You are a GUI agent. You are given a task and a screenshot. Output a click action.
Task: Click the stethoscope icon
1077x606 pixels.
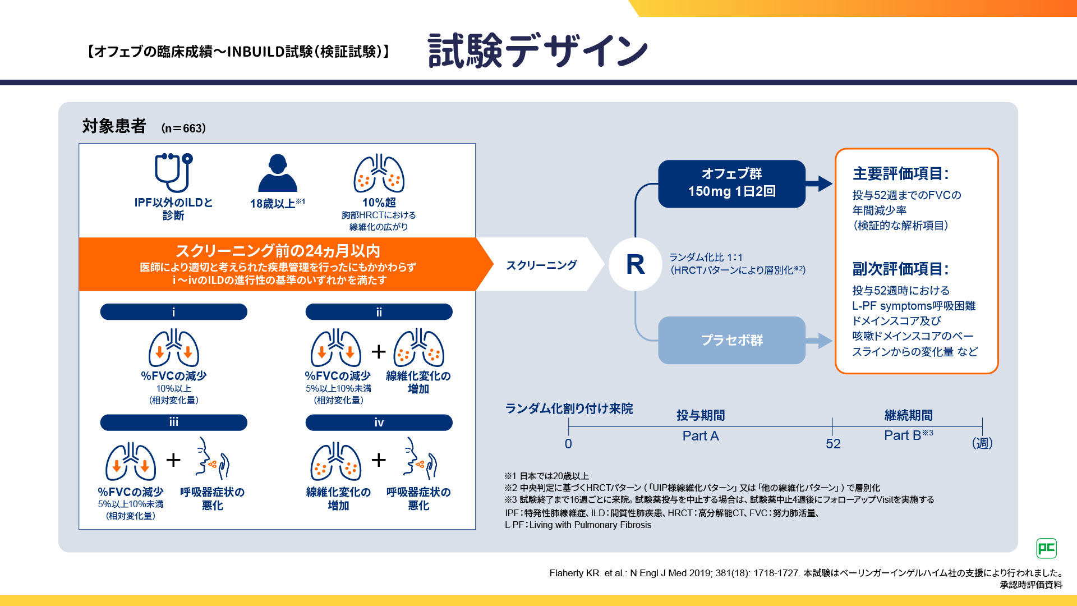(x=173, y=172)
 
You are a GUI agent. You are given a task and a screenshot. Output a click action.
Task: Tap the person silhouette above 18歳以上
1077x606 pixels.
(x=278, y=173)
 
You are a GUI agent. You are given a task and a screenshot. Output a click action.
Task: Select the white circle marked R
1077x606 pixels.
(x=636, y=264)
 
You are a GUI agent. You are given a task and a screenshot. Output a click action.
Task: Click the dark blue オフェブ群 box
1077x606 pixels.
(x=731, y=183)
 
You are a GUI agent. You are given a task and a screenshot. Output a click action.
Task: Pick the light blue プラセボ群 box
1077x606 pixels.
(x=731, y=340)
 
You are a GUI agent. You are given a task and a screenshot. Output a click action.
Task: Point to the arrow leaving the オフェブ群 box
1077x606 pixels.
(x=820, y=183)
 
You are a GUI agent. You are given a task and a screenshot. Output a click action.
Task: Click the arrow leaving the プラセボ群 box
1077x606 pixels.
(x=820, y=341)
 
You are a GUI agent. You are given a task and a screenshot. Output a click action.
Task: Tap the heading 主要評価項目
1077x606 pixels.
(x=900, y=174)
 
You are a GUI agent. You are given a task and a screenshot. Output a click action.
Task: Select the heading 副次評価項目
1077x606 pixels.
(x=900, y=269)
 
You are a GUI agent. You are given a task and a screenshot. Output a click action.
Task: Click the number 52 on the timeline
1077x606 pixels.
(x=833, y=444)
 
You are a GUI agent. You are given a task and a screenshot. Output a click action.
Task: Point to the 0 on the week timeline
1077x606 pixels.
(x=568, y=444)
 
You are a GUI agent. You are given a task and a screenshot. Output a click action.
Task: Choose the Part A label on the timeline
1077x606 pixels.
(x=700, y=436)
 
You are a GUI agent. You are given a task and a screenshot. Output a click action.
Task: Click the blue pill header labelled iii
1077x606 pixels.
(x=173, y=423)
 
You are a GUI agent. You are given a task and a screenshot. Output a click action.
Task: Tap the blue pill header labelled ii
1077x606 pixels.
(x=379, y=312)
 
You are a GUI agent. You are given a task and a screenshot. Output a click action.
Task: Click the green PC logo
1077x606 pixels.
(x=1046, y=548)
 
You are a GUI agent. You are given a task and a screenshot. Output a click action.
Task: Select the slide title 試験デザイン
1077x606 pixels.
(x=537, y=51)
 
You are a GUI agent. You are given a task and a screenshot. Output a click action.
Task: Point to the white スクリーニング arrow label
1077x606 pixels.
(x=541, y=265)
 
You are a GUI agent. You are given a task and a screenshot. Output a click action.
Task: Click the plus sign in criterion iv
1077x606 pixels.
(x=379, y=460)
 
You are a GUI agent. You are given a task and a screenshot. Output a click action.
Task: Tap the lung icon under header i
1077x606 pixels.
(x=173, y=348)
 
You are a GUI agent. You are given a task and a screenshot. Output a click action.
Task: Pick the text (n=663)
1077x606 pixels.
(x=183, y=128)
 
